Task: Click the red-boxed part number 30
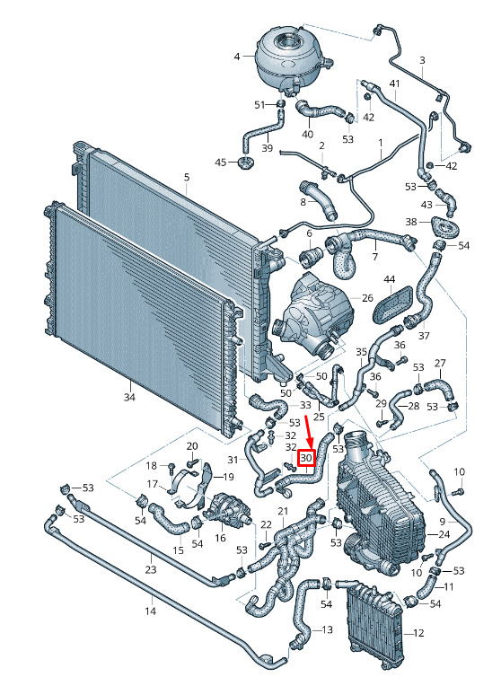click(307, 458)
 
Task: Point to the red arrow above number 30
click(308, 432)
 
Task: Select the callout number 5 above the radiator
click(187, 177)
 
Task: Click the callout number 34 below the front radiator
click(129, 397)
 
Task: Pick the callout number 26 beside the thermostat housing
click(367, 298)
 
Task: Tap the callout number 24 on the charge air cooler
click(444, 534)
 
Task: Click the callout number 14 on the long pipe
click(150, 611)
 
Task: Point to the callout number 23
click(150, 569)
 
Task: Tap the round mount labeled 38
click(444, 227)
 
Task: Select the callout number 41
click(395, 84)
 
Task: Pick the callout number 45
click(221, 163)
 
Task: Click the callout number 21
click(283, 512)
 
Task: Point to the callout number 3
click(422, 60)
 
